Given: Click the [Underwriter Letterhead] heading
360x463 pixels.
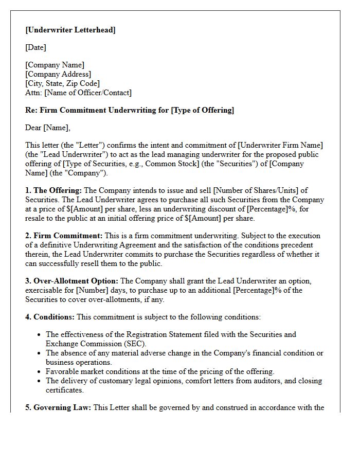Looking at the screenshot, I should [x=70, y=30].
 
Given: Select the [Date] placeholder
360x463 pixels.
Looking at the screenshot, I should [x=35, y=47].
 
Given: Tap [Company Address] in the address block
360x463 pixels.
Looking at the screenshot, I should [x=58, y=74].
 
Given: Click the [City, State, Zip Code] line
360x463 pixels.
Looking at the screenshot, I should [x=62, y=83].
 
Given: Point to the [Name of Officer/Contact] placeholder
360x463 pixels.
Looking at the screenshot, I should [x=88, y=93].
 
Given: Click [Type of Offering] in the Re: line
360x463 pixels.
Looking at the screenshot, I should [x=202, y=110].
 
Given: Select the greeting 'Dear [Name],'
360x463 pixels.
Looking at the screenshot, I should [x=48, y=128].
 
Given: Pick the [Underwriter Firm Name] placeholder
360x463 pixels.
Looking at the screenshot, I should [x=280, y=145].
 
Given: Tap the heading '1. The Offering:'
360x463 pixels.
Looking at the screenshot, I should [x=53, y=190].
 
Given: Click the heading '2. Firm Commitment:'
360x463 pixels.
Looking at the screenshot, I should [x=64, y=236].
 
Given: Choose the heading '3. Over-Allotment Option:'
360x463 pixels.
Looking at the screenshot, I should [x=71, y=281].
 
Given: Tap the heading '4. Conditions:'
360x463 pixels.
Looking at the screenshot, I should [x=50, y=317].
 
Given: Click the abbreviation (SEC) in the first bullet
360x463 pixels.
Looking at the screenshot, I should [x=136, y=344].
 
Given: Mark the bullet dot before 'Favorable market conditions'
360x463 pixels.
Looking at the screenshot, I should [x=39, y=371].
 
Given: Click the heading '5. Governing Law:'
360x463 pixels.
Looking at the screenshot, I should [x=58, y=407].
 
